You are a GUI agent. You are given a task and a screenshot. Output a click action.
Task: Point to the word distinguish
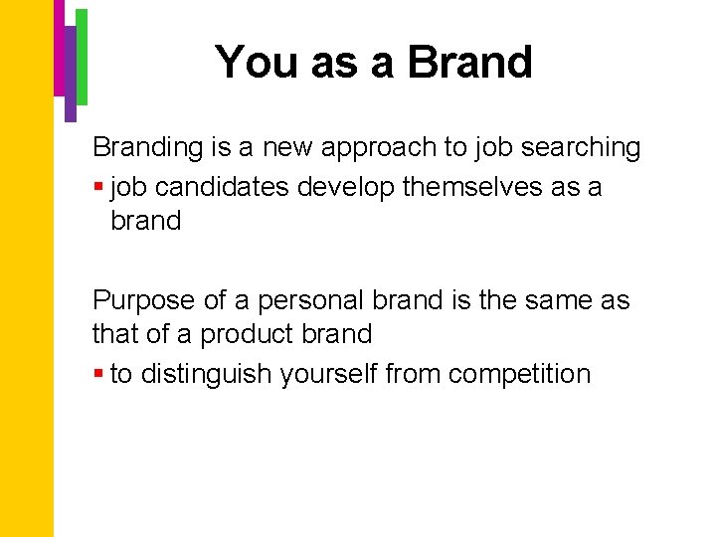(207, 374)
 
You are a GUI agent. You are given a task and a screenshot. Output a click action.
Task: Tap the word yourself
(328, 374)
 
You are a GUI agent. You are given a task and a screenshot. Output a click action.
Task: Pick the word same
(555, 299)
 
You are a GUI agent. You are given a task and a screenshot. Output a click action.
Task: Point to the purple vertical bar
(71, 75)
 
